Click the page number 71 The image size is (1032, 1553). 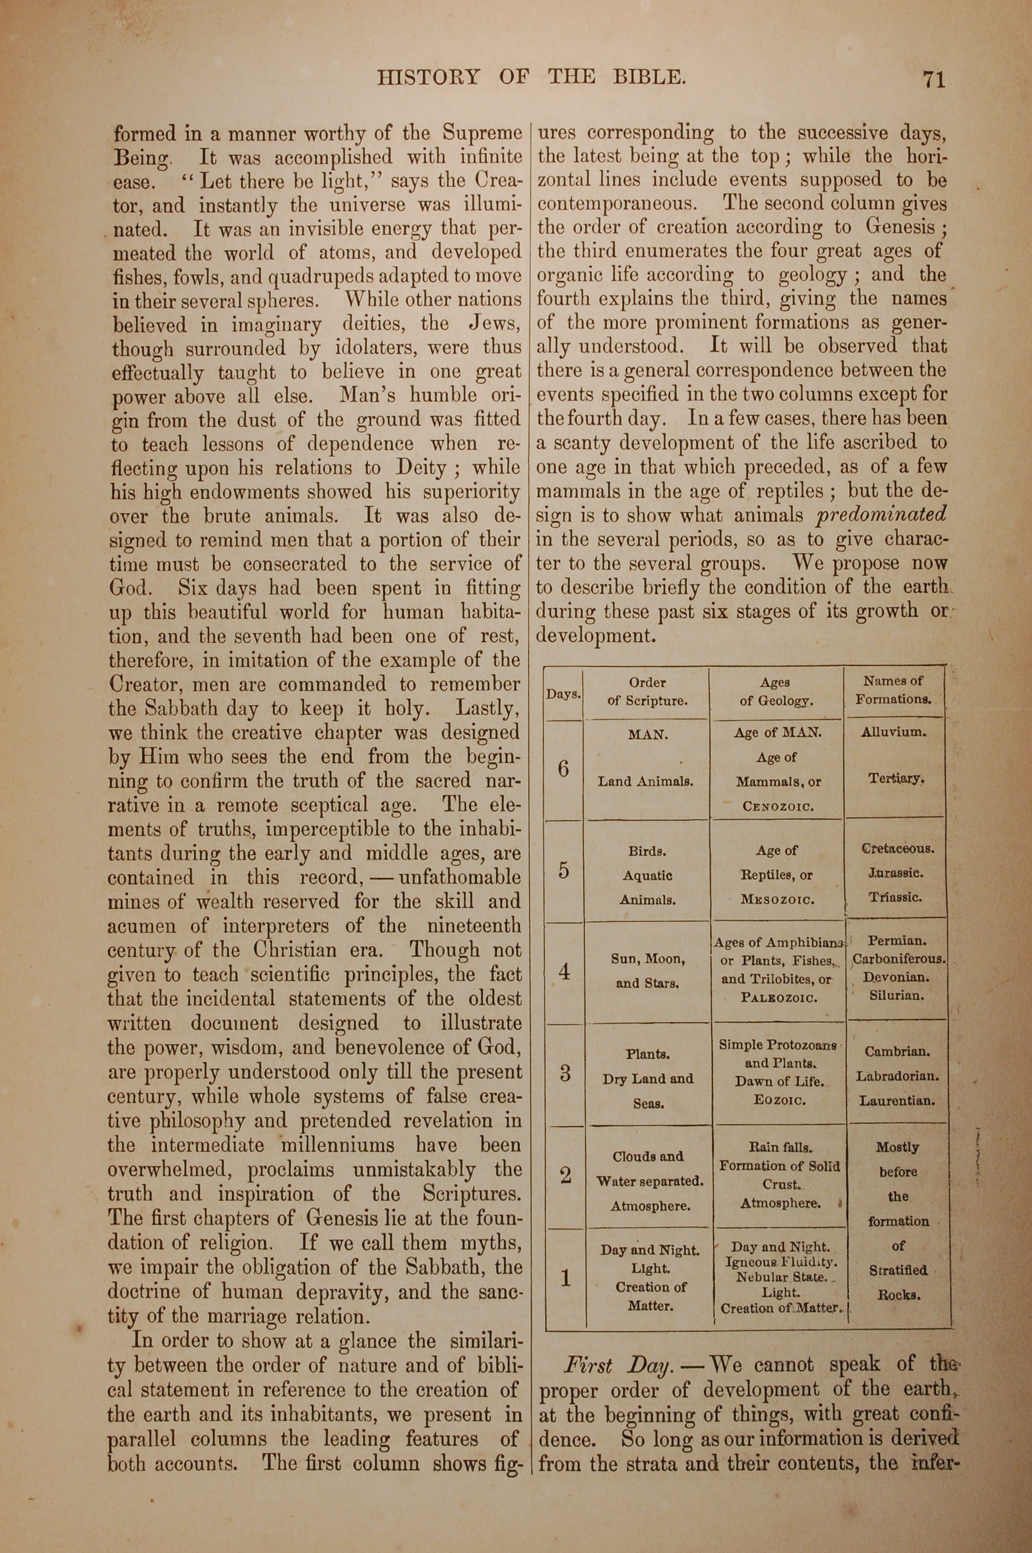[934, 80]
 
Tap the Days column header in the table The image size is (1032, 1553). [563, 694]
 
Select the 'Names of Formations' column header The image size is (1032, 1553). [893, 690]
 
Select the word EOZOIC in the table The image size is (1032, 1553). [780, 1099]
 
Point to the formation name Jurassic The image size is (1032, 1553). [895, 874]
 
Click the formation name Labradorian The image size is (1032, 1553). [897, 1076]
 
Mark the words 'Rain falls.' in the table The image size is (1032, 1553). [780, 1147]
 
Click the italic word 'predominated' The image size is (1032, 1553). [881, 514]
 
